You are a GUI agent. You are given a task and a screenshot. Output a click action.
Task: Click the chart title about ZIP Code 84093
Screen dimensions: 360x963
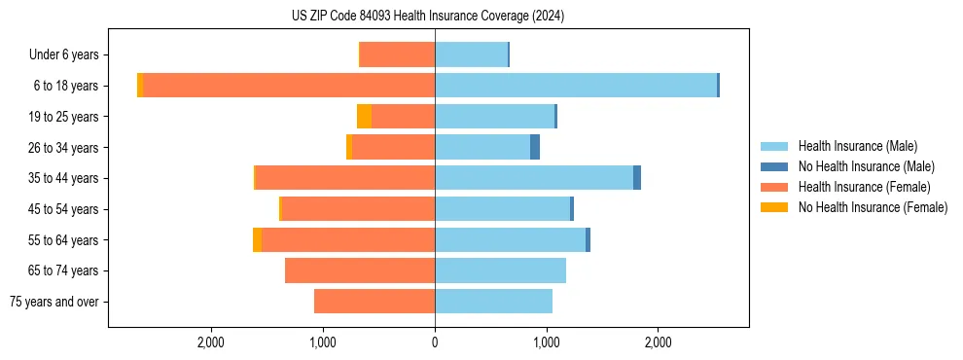point(428,16)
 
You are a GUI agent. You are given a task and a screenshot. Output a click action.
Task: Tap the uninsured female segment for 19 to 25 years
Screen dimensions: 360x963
point(364,117)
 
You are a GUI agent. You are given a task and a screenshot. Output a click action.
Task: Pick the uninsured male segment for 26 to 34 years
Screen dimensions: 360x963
point(535,147)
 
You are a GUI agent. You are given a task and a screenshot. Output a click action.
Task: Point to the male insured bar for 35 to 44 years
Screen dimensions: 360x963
point(534,178)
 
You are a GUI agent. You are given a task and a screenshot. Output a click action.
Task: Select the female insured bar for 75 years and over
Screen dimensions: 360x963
point(374,302)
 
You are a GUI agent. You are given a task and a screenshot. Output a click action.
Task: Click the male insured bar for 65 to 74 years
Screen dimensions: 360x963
point(500,270)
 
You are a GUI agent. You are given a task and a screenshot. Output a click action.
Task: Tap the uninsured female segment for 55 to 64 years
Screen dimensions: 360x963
point(257,239)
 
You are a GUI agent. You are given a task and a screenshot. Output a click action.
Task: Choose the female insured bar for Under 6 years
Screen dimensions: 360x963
point(398,54)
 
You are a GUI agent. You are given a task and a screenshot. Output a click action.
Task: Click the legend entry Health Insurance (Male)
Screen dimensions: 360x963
point(856,146)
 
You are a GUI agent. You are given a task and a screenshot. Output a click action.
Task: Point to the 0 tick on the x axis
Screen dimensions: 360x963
point(435,342)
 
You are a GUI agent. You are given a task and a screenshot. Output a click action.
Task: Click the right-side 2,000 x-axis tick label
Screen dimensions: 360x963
point(658,342)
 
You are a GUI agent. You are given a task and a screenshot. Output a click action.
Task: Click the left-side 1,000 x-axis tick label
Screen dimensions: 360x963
point(323,342)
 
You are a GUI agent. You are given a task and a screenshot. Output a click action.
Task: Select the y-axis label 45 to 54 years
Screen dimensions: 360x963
point(63,209)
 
